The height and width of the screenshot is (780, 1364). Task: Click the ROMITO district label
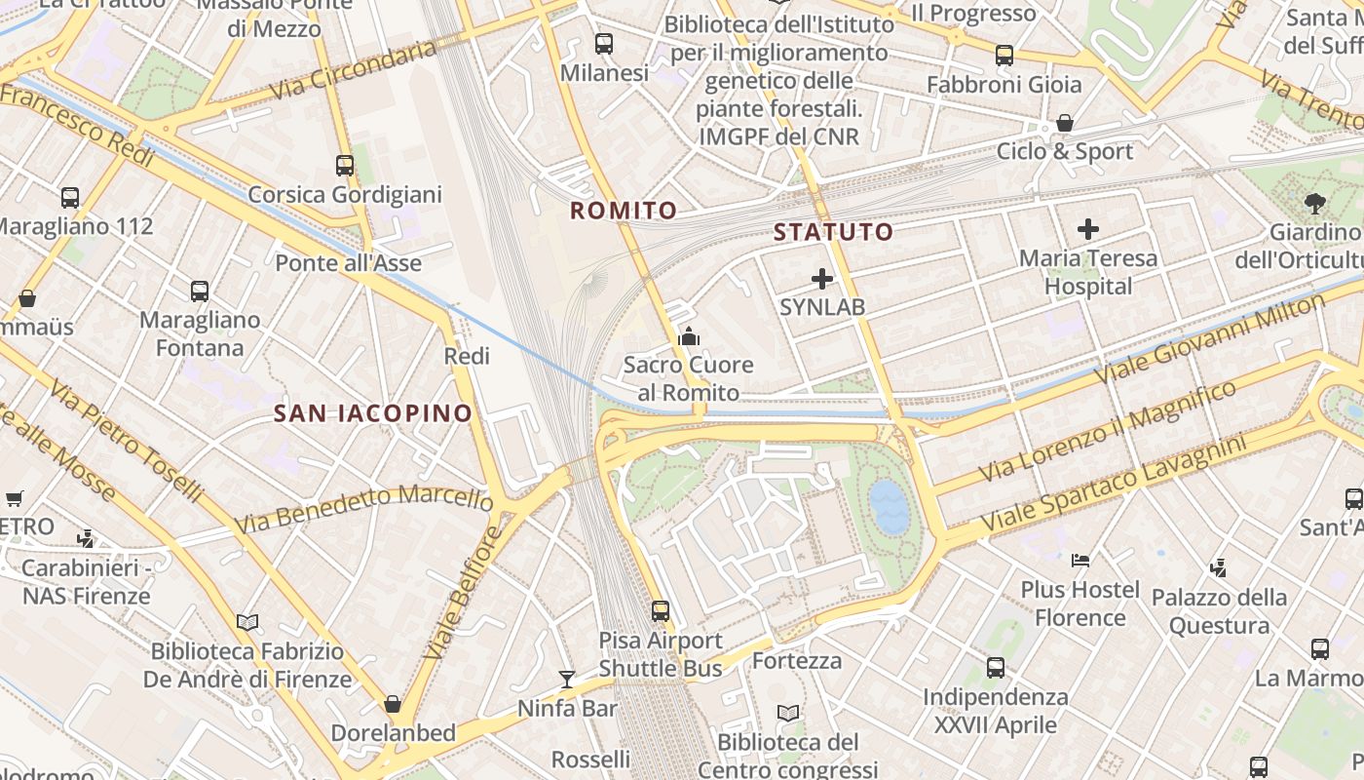tap(624, 211)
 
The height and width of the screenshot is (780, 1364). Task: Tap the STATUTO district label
tap(833, 232)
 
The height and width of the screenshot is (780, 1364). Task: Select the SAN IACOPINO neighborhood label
tap(373, 413)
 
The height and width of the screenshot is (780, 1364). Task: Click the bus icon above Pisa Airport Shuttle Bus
tap(661, 611)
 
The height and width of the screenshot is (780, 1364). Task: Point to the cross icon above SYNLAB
tap(822, 279)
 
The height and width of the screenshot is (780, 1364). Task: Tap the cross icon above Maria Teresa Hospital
tap(1088, 230)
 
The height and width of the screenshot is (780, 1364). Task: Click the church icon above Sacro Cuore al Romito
tap(689, 337)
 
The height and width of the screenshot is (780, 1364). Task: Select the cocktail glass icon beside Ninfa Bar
tap(567, 679)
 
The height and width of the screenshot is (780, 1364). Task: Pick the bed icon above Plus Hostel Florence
tap(1080, 561)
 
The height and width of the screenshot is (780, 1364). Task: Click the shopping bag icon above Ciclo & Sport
tap(1065, 124)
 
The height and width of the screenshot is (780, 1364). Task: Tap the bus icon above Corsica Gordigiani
tap(345, 166)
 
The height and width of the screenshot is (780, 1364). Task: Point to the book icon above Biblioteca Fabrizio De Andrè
tap(247, 622)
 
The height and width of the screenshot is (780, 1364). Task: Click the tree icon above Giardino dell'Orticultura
tap(1315, 204)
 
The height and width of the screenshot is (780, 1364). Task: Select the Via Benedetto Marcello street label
tap(364, 510)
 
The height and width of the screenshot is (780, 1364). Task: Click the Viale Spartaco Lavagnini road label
tap(1114, 485)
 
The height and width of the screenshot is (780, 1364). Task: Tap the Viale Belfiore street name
tap(464, 592)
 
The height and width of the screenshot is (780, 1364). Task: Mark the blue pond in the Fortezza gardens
tap(889, 506)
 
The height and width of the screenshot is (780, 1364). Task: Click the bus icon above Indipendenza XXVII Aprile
tap(995, 668)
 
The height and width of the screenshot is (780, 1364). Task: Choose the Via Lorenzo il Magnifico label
tap(1107, 432)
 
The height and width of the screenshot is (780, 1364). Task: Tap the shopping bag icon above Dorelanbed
tap(393, 704)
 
